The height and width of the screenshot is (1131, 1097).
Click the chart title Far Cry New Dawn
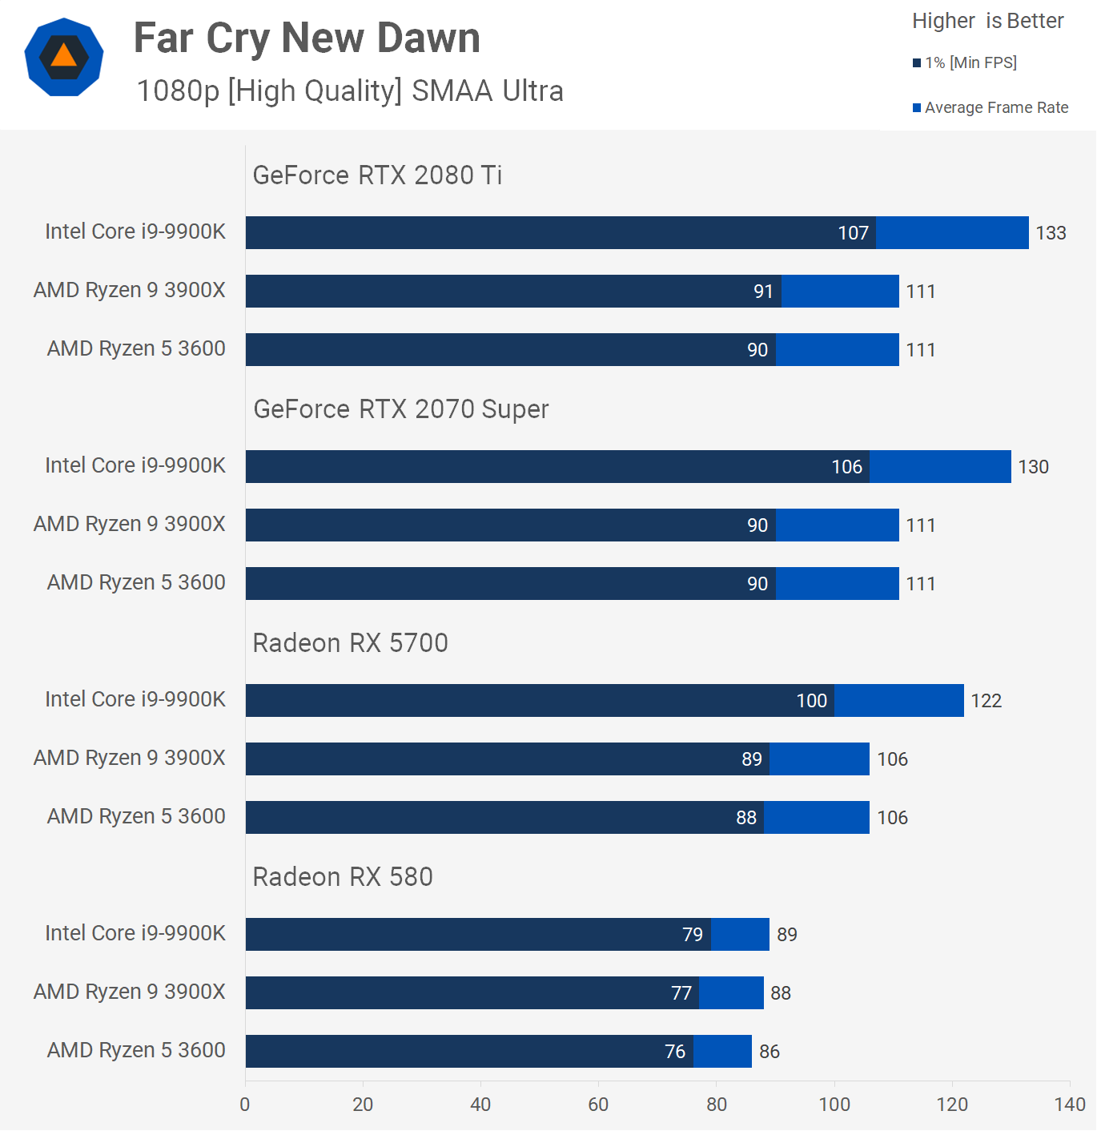tap(307, 38)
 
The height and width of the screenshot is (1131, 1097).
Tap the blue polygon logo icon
tap(64, 57)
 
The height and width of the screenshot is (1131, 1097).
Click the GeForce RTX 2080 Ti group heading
tap(377, 175)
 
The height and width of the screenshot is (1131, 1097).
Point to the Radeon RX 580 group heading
tap(343, 876)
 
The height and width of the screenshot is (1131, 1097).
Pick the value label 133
tap(1051, 233)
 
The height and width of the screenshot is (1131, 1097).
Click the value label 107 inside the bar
tap(853, 233)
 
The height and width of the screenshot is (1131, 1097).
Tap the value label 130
tap(1033, 467)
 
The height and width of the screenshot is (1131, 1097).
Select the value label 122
tap(986, 701)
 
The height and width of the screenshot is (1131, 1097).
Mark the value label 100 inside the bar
tap(811, 701)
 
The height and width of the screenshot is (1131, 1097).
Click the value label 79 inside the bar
tap(692, 935)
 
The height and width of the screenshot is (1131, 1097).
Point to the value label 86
tap(769, 1052)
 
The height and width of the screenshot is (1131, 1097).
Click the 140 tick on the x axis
tap(1070, 1105)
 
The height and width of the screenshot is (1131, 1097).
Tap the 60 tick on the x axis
tap(598, 1105)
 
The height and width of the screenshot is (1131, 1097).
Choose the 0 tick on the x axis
tap(245, 1105)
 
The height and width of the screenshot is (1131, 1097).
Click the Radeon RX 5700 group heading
tap(350, 642)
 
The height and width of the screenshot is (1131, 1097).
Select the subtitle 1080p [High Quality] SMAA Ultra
tap(350, 91)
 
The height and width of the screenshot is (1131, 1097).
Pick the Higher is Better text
tap(987, 21)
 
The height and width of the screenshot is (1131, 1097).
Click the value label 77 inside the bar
tap(681, 993)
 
